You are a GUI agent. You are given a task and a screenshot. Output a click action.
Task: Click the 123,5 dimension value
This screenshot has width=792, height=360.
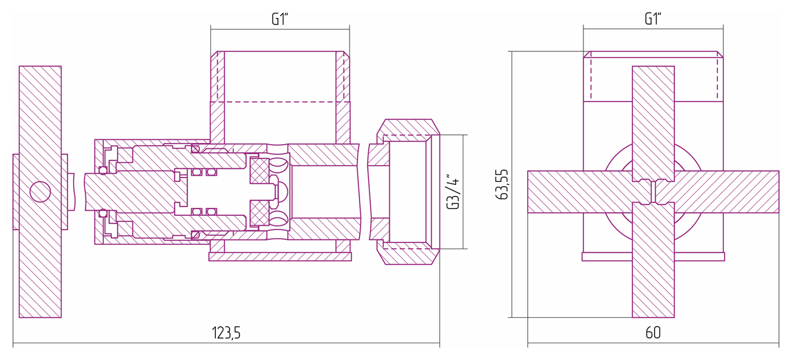click(x=226, y=333)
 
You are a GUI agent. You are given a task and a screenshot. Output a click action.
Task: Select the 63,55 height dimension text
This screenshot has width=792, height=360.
click(x=502, y=184)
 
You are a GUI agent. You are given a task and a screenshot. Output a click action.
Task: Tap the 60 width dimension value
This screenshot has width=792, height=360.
click(x=653, y=333)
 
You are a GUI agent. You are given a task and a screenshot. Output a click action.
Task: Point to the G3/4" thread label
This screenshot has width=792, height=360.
click(x=453, y=191)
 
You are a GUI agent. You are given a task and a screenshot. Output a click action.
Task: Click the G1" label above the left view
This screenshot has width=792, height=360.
click(x=280, y=19)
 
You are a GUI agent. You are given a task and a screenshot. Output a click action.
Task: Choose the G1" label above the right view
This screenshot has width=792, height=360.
click(x=653, y=19)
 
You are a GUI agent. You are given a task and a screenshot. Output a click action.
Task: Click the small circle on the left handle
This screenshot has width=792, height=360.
click(x=40, y=192)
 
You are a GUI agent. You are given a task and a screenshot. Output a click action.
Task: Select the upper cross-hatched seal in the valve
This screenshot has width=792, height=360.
click(x=259, y=171)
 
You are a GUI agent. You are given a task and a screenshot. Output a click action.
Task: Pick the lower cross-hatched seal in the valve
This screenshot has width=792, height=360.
click(x=259, y=213)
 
